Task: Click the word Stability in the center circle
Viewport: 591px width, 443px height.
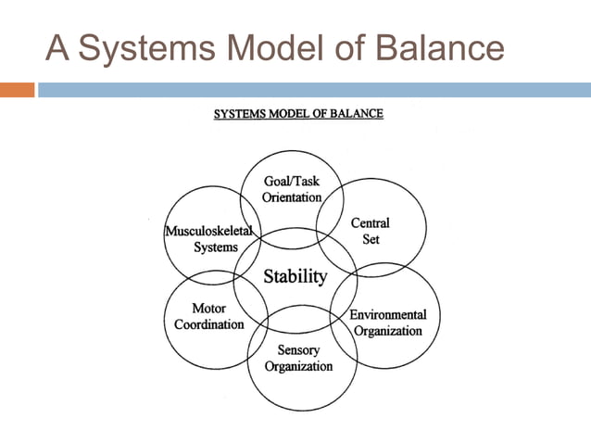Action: (x=295, y=276)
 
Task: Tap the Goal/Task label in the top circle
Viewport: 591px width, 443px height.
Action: (x=292, y=182)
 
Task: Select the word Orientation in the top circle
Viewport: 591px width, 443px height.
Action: (x=292, y=197)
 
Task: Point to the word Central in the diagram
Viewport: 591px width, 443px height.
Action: (x=370, y=223)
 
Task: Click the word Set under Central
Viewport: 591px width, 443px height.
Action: (x=371, y=238)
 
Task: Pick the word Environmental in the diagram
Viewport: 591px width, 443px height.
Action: (x=387, y=315)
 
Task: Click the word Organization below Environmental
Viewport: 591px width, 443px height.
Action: (x=388, y=331)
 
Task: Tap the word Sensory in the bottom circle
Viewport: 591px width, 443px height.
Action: (x=298, y=350)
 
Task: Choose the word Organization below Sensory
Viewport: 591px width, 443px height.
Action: (x=298, y=366)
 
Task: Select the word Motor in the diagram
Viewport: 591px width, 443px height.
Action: (x=208, y=309)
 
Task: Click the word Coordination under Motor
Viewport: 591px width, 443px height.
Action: (x=209, y=324)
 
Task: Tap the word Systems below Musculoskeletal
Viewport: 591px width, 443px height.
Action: (x=216, y=247)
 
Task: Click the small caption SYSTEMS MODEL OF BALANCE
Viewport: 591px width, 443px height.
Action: (x=298, y=115)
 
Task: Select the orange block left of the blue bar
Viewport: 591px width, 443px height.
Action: (x=17, y=90)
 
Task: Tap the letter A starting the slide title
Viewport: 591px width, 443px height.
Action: (x=57, y=47)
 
